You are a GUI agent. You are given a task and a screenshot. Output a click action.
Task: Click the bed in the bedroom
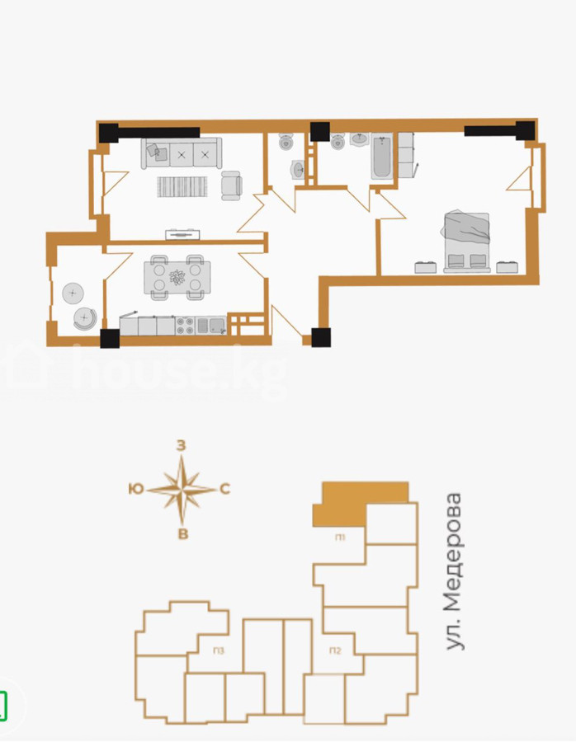coord(466,242)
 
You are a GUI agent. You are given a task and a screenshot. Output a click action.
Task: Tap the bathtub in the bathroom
coord(382,157)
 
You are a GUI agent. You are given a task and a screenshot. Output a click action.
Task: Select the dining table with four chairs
coord(177,277)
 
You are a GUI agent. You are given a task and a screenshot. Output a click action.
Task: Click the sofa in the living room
coord(182,153)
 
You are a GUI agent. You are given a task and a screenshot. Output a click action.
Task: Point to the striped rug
coord(182,186)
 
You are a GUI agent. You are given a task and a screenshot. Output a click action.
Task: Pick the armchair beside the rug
coord(232,185)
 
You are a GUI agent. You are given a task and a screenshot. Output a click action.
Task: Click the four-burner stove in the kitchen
coord(185,325)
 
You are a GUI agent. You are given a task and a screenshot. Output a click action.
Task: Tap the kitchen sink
coord(216,325)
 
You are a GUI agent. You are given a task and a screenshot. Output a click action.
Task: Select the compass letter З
coord(182,446)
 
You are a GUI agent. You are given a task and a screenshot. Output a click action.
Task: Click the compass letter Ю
coord(136,489)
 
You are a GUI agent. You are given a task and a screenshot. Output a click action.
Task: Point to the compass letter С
coord(225,489)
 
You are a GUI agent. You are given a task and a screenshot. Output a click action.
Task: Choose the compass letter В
coord(183,534)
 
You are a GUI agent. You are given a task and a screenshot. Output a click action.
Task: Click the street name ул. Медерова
coord(454,571)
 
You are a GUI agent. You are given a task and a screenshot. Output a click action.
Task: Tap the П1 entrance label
coord(340,538)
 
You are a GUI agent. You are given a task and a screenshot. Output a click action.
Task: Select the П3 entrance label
coord(219,651)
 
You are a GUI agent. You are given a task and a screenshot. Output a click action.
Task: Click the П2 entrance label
coord(335,651)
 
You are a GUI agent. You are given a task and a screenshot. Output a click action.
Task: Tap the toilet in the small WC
coord(286,142)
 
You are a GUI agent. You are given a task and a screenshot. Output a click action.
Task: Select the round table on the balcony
coord(73,294)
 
